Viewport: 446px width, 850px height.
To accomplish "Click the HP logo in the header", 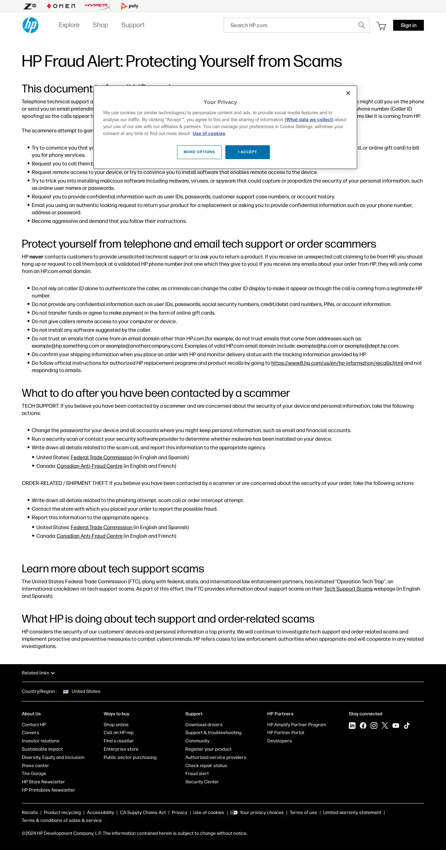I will [x=30, y=25].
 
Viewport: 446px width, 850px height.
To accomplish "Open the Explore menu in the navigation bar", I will [x=69, y=25].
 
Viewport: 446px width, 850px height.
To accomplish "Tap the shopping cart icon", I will [x=381, y=26].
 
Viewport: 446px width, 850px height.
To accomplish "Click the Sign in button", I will [x=408, y=25].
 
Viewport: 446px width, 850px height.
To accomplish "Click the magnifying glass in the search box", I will [x=361, y=25].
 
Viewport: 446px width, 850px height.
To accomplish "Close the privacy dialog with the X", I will [x=348, y=93].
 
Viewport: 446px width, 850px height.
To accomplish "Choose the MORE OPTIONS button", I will [x=199, y=152].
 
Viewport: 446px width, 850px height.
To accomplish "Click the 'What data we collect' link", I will [x=309, y=120].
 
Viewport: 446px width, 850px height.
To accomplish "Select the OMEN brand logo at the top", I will [x=61, y=6].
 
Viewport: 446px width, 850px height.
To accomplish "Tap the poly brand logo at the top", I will [x=130, y=6].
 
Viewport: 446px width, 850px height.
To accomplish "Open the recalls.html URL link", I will [x=337, y=363].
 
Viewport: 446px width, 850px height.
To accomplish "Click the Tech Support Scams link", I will [x=348, y=589].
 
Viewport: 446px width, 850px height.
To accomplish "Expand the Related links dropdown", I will [x=38, y=673].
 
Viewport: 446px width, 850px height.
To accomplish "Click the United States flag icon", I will [x=66, y=692].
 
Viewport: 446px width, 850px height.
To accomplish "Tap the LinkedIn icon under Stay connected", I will [x=352, y=726].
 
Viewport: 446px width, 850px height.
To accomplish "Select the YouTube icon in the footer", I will [x=396, y=726].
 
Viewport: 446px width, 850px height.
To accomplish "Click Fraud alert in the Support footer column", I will [x=197, y=774].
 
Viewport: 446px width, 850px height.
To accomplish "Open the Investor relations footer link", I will [x=41, y=741].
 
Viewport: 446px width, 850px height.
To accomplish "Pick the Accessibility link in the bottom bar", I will [x=100, y=813].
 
